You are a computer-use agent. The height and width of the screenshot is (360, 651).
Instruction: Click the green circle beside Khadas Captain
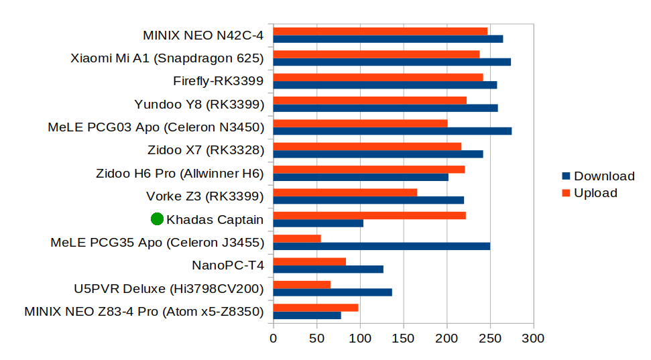158,219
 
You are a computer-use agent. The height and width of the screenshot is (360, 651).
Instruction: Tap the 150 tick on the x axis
404,339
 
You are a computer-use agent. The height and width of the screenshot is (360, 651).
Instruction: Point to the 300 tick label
534,339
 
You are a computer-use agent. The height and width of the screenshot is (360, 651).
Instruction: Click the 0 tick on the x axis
274,339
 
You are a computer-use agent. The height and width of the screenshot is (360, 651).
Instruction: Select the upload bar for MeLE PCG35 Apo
297,239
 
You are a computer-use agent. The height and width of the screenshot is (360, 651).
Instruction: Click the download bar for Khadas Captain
318,223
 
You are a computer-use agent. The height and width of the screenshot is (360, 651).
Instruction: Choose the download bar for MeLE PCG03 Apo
392,131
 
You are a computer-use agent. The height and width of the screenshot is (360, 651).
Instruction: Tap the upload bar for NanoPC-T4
310,261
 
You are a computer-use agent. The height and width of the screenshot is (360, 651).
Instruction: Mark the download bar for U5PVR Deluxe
333,292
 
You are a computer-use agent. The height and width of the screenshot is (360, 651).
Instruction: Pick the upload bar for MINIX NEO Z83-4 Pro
316,308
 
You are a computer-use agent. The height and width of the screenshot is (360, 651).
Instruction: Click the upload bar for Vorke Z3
345,192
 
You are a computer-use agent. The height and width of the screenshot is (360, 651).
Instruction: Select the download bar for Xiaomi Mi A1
392,62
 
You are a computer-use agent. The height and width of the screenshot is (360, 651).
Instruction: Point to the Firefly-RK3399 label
218,82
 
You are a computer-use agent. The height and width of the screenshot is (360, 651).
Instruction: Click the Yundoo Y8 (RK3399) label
199,105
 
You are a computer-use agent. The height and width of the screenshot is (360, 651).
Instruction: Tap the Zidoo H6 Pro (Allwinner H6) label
180,174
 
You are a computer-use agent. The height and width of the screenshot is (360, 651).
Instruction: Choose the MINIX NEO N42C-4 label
203,36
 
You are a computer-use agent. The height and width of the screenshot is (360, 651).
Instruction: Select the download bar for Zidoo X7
378,154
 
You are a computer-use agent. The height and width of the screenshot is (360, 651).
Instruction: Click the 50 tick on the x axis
316,339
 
